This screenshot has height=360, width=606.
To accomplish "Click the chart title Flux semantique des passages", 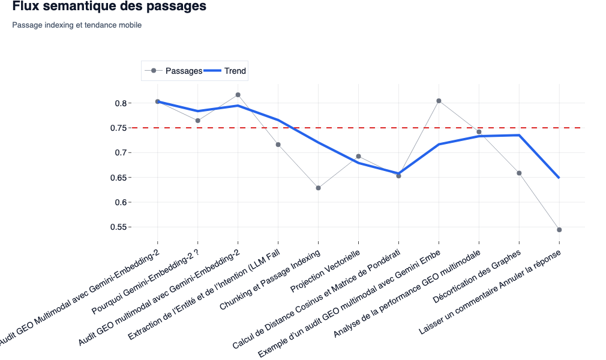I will [x=109, y=7].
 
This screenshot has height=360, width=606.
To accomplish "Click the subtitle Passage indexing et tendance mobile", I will [x=77, y=25].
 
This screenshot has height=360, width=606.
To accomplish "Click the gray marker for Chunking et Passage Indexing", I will [x=318, y=188].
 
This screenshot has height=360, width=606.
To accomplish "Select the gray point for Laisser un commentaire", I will [x=559, y=230].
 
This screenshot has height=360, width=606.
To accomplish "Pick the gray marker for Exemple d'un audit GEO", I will [x=439, y=101].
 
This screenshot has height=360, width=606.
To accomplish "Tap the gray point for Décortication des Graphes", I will [x=519, y=173].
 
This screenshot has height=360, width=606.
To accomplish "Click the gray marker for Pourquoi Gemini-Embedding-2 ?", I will [x=198, y=121].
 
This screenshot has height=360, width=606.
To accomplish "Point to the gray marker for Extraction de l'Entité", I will [x=278, y=145].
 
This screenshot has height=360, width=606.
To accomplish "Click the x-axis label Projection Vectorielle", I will [x=326, y=271].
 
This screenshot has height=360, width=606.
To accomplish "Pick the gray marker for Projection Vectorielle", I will [x=358, y=157].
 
